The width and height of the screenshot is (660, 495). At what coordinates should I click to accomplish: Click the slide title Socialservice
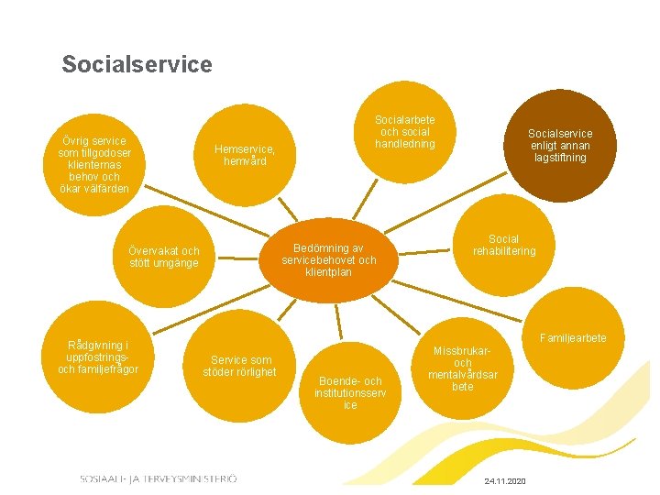(x=137, y=65)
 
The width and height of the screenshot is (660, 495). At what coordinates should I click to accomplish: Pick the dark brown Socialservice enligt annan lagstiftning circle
(x=559, y=145)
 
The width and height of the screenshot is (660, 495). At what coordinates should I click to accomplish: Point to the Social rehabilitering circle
(x=503, y=245)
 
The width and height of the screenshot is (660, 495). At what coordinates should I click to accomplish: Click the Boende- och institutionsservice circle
(x=350, y=392)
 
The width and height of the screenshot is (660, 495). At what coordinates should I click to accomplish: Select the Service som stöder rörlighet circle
(x=241, y=366)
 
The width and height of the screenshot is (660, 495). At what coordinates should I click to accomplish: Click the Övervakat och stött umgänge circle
(x=164, y=257)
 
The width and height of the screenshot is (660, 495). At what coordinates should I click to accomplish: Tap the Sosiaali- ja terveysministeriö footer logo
(x=158, y=478)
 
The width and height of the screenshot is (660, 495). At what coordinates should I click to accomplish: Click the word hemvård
(x=245, y=161)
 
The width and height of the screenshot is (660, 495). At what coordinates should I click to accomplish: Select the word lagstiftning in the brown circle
(x=559, y=158)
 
